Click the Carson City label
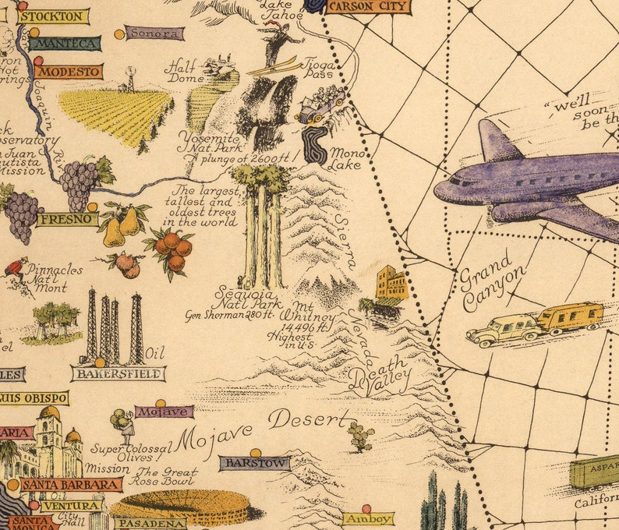click(367, 7)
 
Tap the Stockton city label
click(53, 16)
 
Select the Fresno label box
click(67, 220)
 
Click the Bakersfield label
click(118, 374)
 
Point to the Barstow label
click(254, 464)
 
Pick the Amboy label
click(368, 518)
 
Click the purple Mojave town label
click(164, 412)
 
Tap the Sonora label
click(154, 34)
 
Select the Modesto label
click(68, 72)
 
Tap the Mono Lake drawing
click(316, 144)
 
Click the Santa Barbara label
click(72, 485)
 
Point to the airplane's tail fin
click(496, 140)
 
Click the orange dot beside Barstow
click(255, 452)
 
